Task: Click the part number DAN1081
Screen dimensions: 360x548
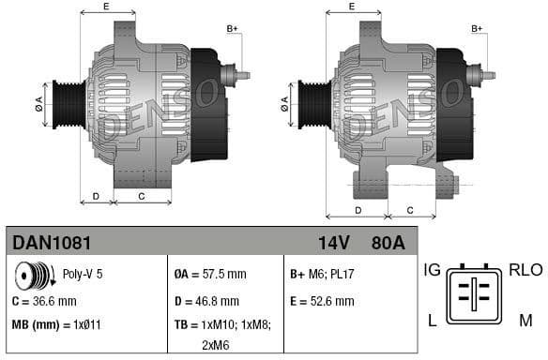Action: (52, 244)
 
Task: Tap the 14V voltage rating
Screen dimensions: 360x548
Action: (333, 244)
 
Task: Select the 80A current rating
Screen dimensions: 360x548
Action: (387, 244)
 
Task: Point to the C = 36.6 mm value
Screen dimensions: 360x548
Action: (45, 302)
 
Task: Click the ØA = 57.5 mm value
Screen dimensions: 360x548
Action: (210, 275)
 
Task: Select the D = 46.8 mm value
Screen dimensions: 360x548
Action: (207, 302)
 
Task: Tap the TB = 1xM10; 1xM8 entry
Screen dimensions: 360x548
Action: (221, 324)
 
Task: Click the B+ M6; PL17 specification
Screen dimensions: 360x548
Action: (322, 275)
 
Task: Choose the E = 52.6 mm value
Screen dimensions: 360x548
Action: (322, 302)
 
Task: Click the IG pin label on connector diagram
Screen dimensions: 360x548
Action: (433, 270)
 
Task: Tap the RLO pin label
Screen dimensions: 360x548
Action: (525, 270)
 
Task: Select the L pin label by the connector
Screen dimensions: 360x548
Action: (432, 321)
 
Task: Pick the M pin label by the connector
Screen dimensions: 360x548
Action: (525, 321)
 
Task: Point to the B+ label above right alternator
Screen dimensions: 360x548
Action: (477, 29)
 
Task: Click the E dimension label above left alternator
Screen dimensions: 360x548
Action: (105, 7)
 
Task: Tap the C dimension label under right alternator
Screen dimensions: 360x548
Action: (409, 211)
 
